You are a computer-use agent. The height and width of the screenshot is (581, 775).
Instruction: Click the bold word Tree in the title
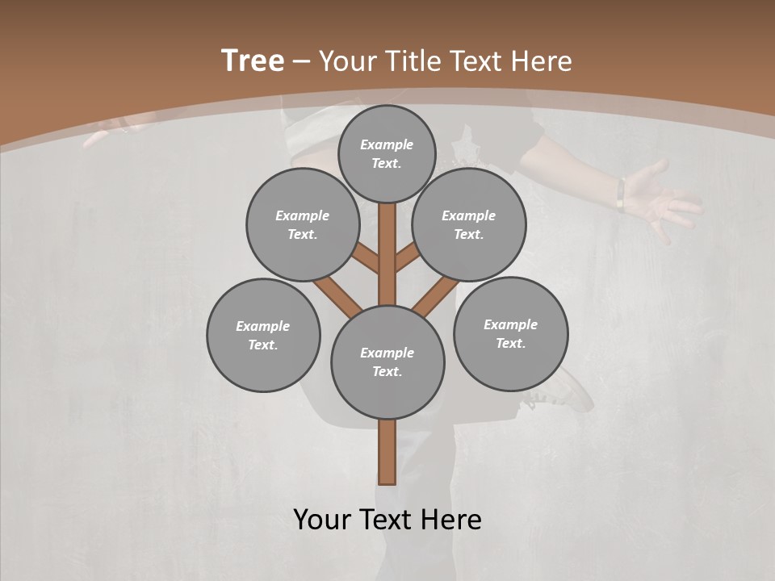[253, 61]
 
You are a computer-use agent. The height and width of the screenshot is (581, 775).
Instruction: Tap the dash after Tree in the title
[301, 62]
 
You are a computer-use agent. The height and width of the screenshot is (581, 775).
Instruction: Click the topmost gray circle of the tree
[387, 153]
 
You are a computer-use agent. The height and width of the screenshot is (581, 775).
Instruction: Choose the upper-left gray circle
[302, 224]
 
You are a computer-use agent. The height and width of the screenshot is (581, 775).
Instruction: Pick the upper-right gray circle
[469, 224]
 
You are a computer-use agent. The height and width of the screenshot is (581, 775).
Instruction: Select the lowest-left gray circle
[263, 335]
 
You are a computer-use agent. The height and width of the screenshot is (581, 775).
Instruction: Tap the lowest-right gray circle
[510, 333]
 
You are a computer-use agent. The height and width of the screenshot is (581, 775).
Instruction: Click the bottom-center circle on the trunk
[387, 362]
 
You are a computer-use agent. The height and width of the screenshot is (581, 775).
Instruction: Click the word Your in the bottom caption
[321, 520]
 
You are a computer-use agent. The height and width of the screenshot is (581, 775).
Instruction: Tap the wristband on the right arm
[621, 194]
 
